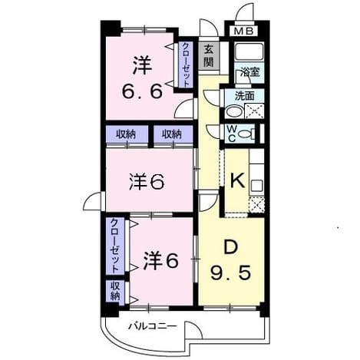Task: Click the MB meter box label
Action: [x=244, y=31]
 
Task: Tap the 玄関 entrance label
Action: [x=209, y=56]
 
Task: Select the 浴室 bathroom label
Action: [x=250, y=72]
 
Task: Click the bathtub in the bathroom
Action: [x=249, y=51]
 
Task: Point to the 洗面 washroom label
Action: [x=245, y=96]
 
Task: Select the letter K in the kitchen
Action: [x=238, y=180]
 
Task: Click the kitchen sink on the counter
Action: [x=256, y=186]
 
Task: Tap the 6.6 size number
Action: [x=142, y=91]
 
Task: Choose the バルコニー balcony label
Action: [x=152, y=326]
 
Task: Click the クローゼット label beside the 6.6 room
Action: [x=186, y=65]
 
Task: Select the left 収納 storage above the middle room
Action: [x=126, y=134]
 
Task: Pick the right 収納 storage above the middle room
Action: [x=172, y=134]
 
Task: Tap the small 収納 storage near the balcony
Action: [x=115, y=291]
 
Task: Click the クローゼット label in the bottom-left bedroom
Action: [x=115, y=246]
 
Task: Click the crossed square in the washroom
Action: [x=254, y=111]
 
